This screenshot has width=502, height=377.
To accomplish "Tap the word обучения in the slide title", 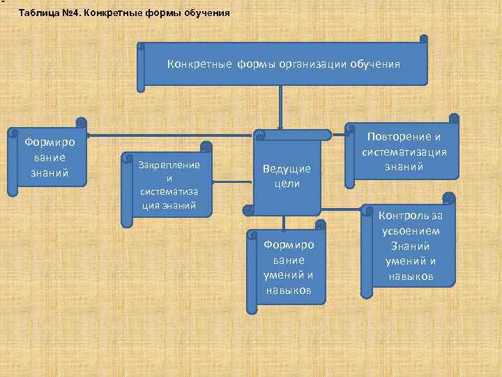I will coord(205,13).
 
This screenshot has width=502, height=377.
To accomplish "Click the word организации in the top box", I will coord(314,64).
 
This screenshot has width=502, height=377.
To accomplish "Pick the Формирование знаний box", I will coord(47,158).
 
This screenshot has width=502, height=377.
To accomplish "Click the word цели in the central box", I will coord(287,184).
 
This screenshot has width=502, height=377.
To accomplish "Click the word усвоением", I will coord(410,231).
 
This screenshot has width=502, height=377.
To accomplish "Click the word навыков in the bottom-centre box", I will coord(289,290).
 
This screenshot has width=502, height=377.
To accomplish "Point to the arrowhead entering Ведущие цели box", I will coord(280,126).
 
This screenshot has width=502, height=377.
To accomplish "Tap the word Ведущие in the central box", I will coord(287,169).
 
